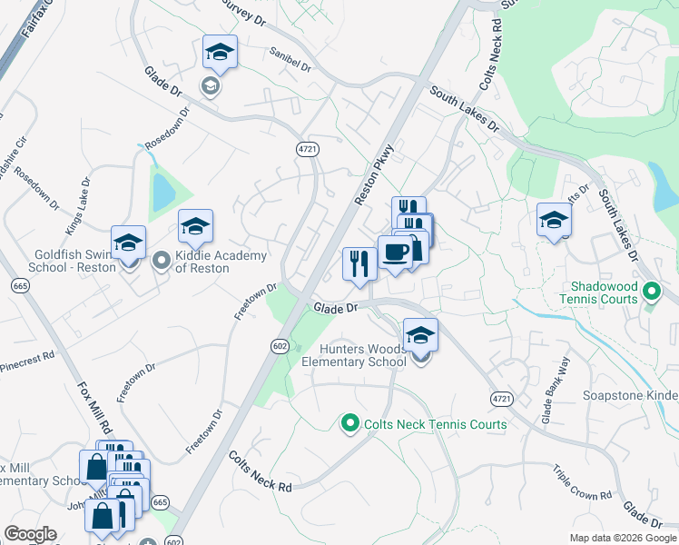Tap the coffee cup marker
(x=394, y=253)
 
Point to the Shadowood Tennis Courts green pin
(x=651, y=292)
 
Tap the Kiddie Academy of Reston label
(x=221, y=262)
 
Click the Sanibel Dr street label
(x=290, y=60)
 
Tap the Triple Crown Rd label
(x=582, y=483)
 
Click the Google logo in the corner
(x=30, y=534)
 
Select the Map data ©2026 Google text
(x=623, y=538)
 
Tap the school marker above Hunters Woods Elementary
(x=420, y=337)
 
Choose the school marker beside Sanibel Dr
(x=220, y=54)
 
